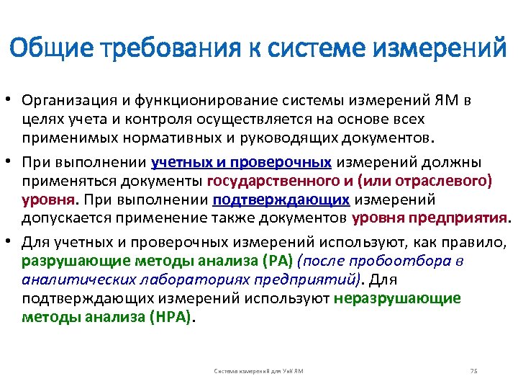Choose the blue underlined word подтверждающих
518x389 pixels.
(x=281, y=198)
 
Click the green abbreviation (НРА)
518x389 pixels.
(x=171, y=317)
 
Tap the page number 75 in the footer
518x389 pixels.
(x=473, y=370)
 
